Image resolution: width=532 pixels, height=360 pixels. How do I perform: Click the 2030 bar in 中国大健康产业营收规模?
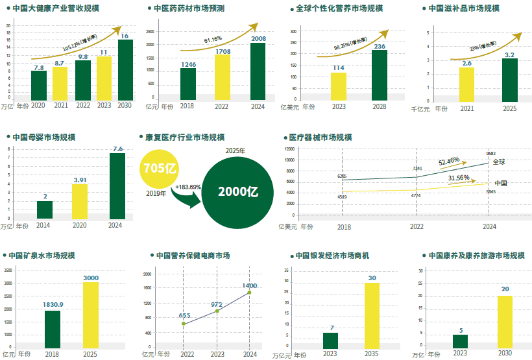coord(125,70)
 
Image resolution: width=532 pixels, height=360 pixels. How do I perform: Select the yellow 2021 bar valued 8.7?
coord(60,84)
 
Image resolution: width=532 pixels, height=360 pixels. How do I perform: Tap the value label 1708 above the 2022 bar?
coord(222,51)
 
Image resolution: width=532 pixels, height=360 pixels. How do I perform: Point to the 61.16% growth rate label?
coord(213,40)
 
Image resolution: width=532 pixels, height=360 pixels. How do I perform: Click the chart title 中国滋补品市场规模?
coord(463,8)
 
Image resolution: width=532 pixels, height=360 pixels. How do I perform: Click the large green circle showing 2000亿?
coord(238,191)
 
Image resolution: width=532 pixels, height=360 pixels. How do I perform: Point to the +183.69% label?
coord(187,187)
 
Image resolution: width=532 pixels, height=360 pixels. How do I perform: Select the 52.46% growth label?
coord(449,160)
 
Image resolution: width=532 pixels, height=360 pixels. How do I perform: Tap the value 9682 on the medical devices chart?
coord(491,154)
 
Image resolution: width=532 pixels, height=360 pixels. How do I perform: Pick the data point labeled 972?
coord(217,311)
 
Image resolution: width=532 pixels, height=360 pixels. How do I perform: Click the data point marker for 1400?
coord(249,293)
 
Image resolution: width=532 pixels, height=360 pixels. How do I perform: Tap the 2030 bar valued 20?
coord(505,322)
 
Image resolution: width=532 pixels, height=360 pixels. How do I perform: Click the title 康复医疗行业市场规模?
coord(185,138)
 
